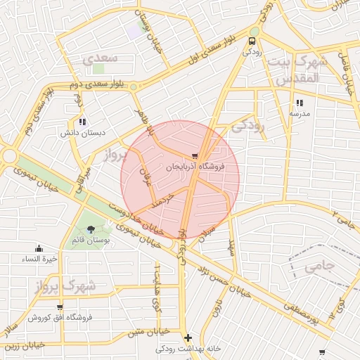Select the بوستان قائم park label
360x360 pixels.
click(x=89, y=240)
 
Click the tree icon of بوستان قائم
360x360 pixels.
click(x=90, y=229)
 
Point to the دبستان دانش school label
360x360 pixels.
click(x=81, y=131)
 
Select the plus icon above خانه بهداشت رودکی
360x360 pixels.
click(x=188, y=338)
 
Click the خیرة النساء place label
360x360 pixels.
click(x=38, y=258)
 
